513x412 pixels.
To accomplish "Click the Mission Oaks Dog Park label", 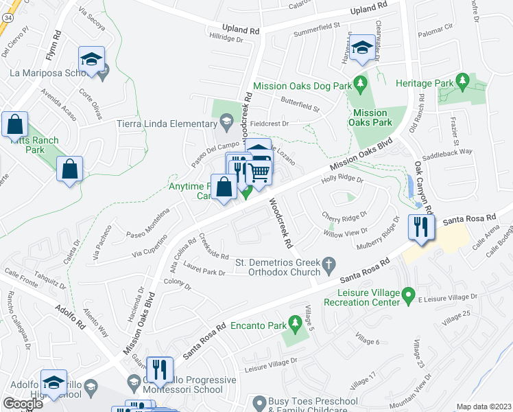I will coord(302,87).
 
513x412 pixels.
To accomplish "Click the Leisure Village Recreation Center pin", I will coord(409,297).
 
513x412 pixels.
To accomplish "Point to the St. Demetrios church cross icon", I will coord(329,263).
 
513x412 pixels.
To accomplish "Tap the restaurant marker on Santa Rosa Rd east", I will coord(420,228).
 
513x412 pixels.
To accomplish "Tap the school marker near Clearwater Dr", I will coord(361,49).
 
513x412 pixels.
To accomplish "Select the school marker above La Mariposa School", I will coord(91,58).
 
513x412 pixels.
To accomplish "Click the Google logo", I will coord(23,403).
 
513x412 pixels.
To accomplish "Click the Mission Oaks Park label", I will coord(371,117).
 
